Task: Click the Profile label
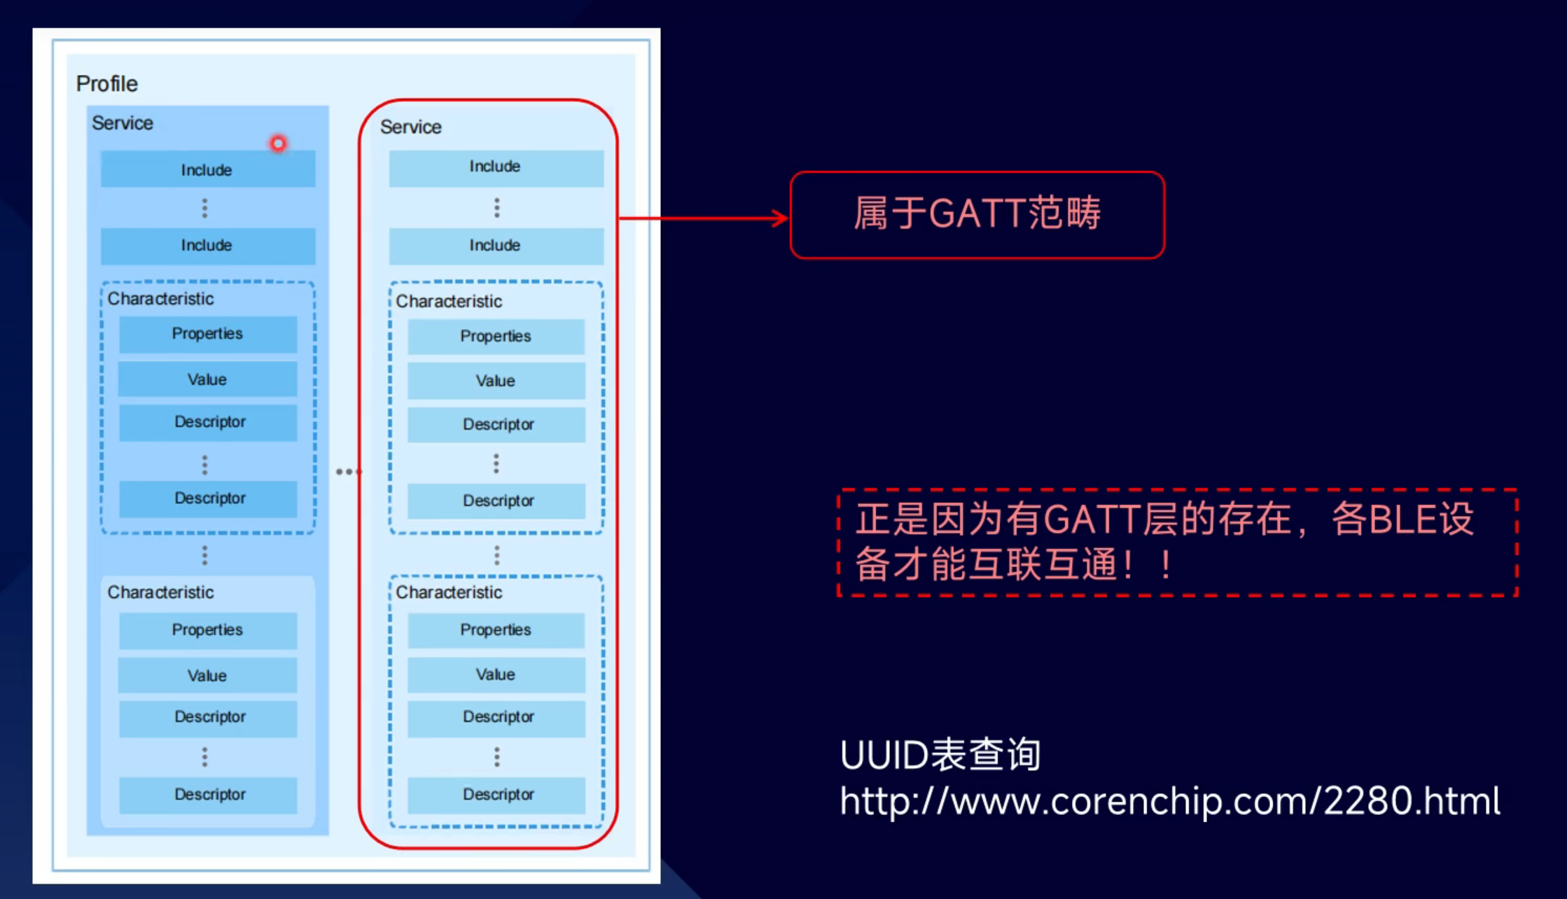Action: [x=107, y=84]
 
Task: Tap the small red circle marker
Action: [x=278, y=144]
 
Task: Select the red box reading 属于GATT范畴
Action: [x=977, y=214]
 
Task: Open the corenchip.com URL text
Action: [x=1170, y=801]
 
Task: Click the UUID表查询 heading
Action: [x=940, y=755]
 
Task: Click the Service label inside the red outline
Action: [x=411, y=127]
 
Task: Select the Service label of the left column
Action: [x=123, y=123]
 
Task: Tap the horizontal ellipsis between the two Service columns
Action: [x=348, y=472]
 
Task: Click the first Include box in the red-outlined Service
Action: [x=496, y=167]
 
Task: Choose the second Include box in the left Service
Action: [x=207, y=246]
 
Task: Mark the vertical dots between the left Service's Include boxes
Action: [x=204, y=208]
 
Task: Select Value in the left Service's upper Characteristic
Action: [x=207, y=379]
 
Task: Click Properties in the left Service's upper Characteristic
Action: [x=207, y=334]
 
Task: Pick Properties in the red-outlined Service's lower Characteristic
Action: [x=496, y=630]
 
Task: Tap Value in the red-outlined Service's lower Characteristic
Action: [x=496, y=675]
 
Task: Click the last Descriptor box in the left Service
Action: [x=209, y=795]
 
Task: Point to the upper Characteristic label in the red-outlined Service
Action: [x=449, y=302]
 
